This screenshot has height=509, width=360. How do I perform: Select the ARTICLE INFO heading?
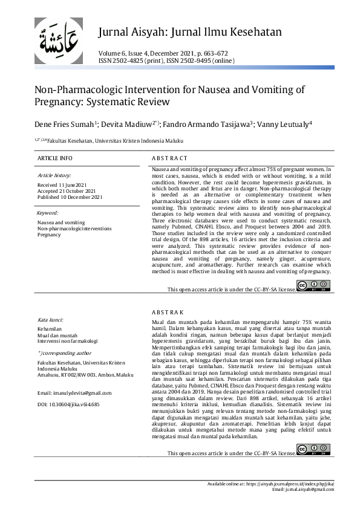[x=55, y=158]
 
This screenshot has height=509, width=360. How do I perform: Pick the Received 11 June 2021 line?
[x=62, y=184]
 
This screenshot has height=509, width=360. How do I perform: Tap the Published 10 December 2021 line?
[x=70, y=196]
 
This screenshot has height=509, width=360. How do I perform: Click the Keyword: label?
[x=48, y=213]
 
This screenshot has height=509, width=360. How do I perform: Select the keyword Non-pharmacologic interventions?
[x=74, y=229]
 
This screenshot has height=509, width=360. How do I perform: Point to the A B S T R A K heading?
[x=169, y=313]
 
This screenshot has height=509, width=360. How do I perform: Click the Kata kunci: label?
[x=51, y=320]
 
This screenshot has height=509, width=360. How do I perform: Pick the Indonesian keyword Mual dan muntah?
[x=57, y=335]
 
